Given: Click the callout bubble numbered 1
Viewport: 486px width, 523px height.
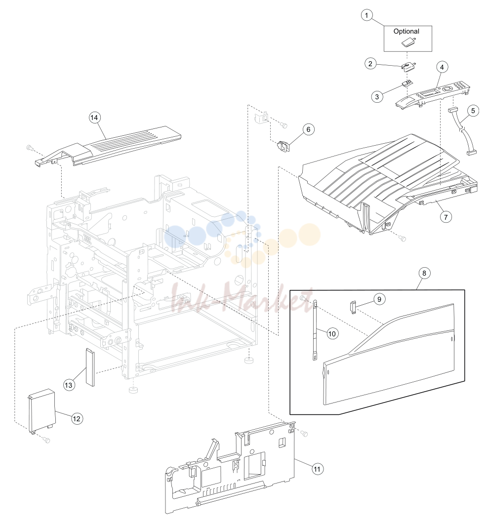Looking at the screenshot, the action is (366, 15).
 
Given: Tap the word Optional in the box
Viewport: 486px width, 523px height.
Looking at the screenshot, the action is (406, 31).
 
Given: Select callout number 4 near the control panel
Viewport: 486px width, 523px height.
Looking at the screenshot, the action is (442, 67).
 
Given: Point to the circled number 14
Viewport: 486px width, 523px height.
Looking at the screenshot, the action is (94, 118).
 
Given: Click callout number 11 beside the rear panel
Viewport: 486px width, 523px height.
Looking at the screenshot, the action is (317, 469).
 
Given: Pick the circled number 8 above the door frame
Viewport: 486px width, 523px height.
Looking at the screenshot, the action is (424, 273).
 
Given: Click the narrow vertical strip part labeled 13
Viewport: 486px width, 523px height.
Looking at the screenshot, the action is (90, 367).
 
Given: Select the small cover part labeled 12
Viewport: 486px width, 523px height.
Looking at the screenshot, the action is (41, 412).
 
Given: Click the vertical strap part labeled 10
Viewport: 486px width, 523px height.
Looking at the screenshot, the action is (315, 330).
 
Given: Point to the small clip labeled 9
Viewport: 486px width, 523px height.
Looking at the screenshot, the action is (353, 307).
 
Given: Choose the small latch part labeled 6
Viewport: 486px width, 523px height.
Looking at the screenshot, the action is (283, 146).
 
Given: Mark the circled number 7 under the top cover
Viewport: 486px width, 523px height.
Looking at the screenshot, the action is (445, 217).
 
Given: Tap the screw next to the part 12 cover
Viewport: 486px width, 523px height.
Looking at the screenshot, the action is (46, 440).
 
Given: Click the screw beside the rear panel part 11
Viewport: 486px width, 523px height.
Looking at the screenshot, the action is (304, 433).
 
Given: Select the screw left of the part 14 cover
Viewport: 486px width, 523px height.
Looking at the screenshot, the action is (29, 147).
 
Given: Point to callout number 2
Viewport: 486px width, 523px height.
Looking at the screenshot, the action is (370, 63).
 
